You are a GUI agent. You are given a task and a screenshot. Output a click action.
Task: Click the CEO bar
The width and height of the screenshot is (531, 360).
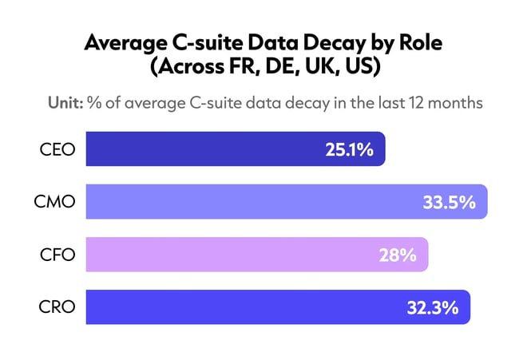236,149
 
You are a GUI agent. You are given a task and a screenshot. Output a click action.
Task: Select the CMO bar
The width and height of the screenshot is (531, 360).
286,202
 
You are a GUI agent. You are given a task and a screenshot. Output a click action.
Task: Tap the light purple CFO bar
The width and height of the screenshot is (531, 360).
256,255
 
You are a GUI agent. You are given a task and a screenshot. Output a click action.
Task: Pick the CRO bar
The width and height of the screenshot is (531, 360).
277,307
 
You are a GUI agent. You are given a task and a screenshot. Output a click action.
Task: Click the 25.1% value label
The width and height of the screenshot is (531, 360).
349,149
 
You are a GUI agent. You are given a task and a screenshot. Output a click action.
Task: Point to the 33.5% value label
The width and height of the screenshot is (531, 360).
449,202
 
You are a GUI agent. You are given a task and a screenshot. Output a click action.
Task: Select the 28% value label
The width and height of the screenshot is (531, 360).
398,255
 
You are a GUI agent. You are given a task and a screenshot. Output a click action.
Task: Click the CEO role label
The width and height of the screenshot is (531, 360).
57,149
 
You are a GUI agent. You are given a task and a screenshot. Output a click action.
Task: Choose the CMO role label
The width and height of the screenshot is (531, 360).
56,202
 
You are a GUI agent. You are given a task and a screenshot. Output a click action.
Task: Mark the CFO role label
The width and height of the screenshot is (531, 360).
57,255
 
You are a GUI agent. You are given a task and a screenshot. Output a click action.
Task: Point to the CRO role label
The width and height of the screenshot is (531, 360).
57,307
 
